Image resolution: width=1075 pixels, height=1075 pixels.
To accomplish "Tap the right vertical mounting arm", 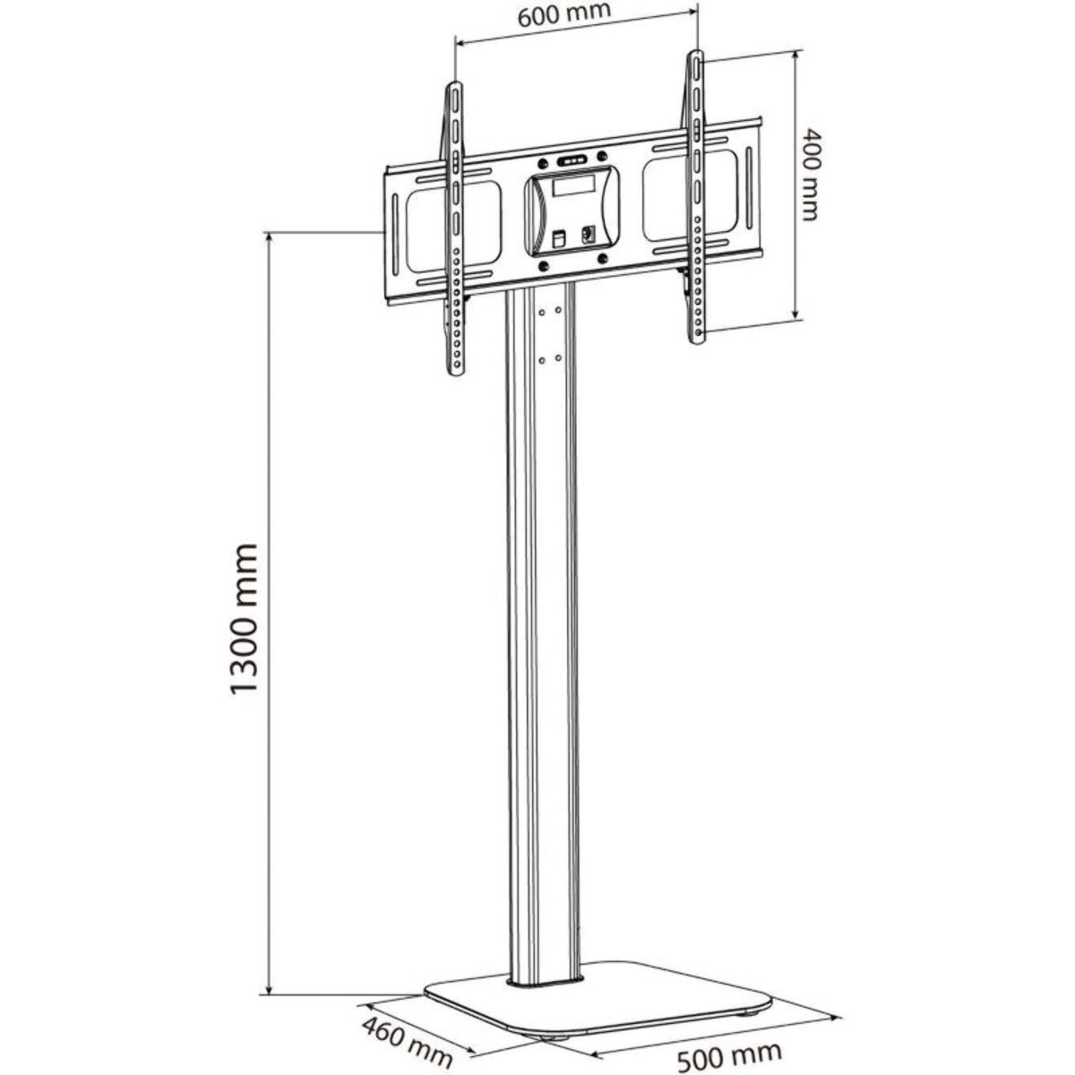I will [x=696, y=197].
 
